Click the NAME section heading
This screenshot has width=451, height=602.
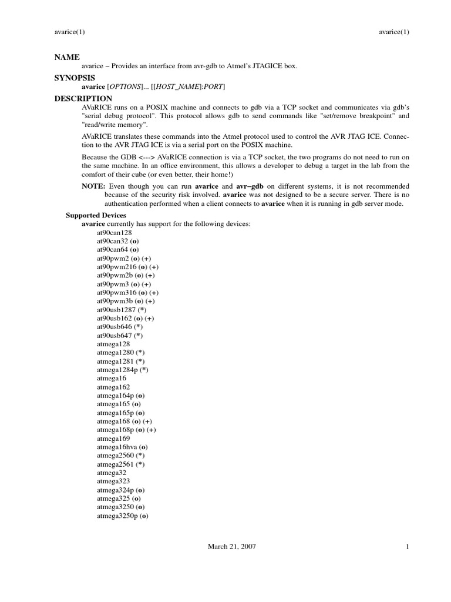coord(66,57)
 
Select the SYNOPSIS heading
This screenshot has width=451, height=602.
coord(75,78)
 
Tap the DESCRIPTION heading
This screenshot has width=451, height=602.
coord(83,98)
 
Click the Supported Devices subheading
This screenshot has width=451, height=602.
coord(96,215)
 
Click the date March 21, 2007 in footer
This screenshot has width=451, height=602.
coord(232,546)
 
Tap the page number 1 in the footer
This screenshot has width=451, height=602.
coord(406,546)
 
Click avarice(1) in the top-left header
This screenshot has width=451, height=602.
coord(69,32)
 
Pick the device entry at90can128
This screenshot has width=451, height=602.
coord(114,233)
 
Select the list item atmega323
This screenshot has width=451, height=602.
coord(109,481)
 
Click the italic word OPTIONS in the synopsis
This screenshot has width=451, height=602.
coord(129,87)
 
